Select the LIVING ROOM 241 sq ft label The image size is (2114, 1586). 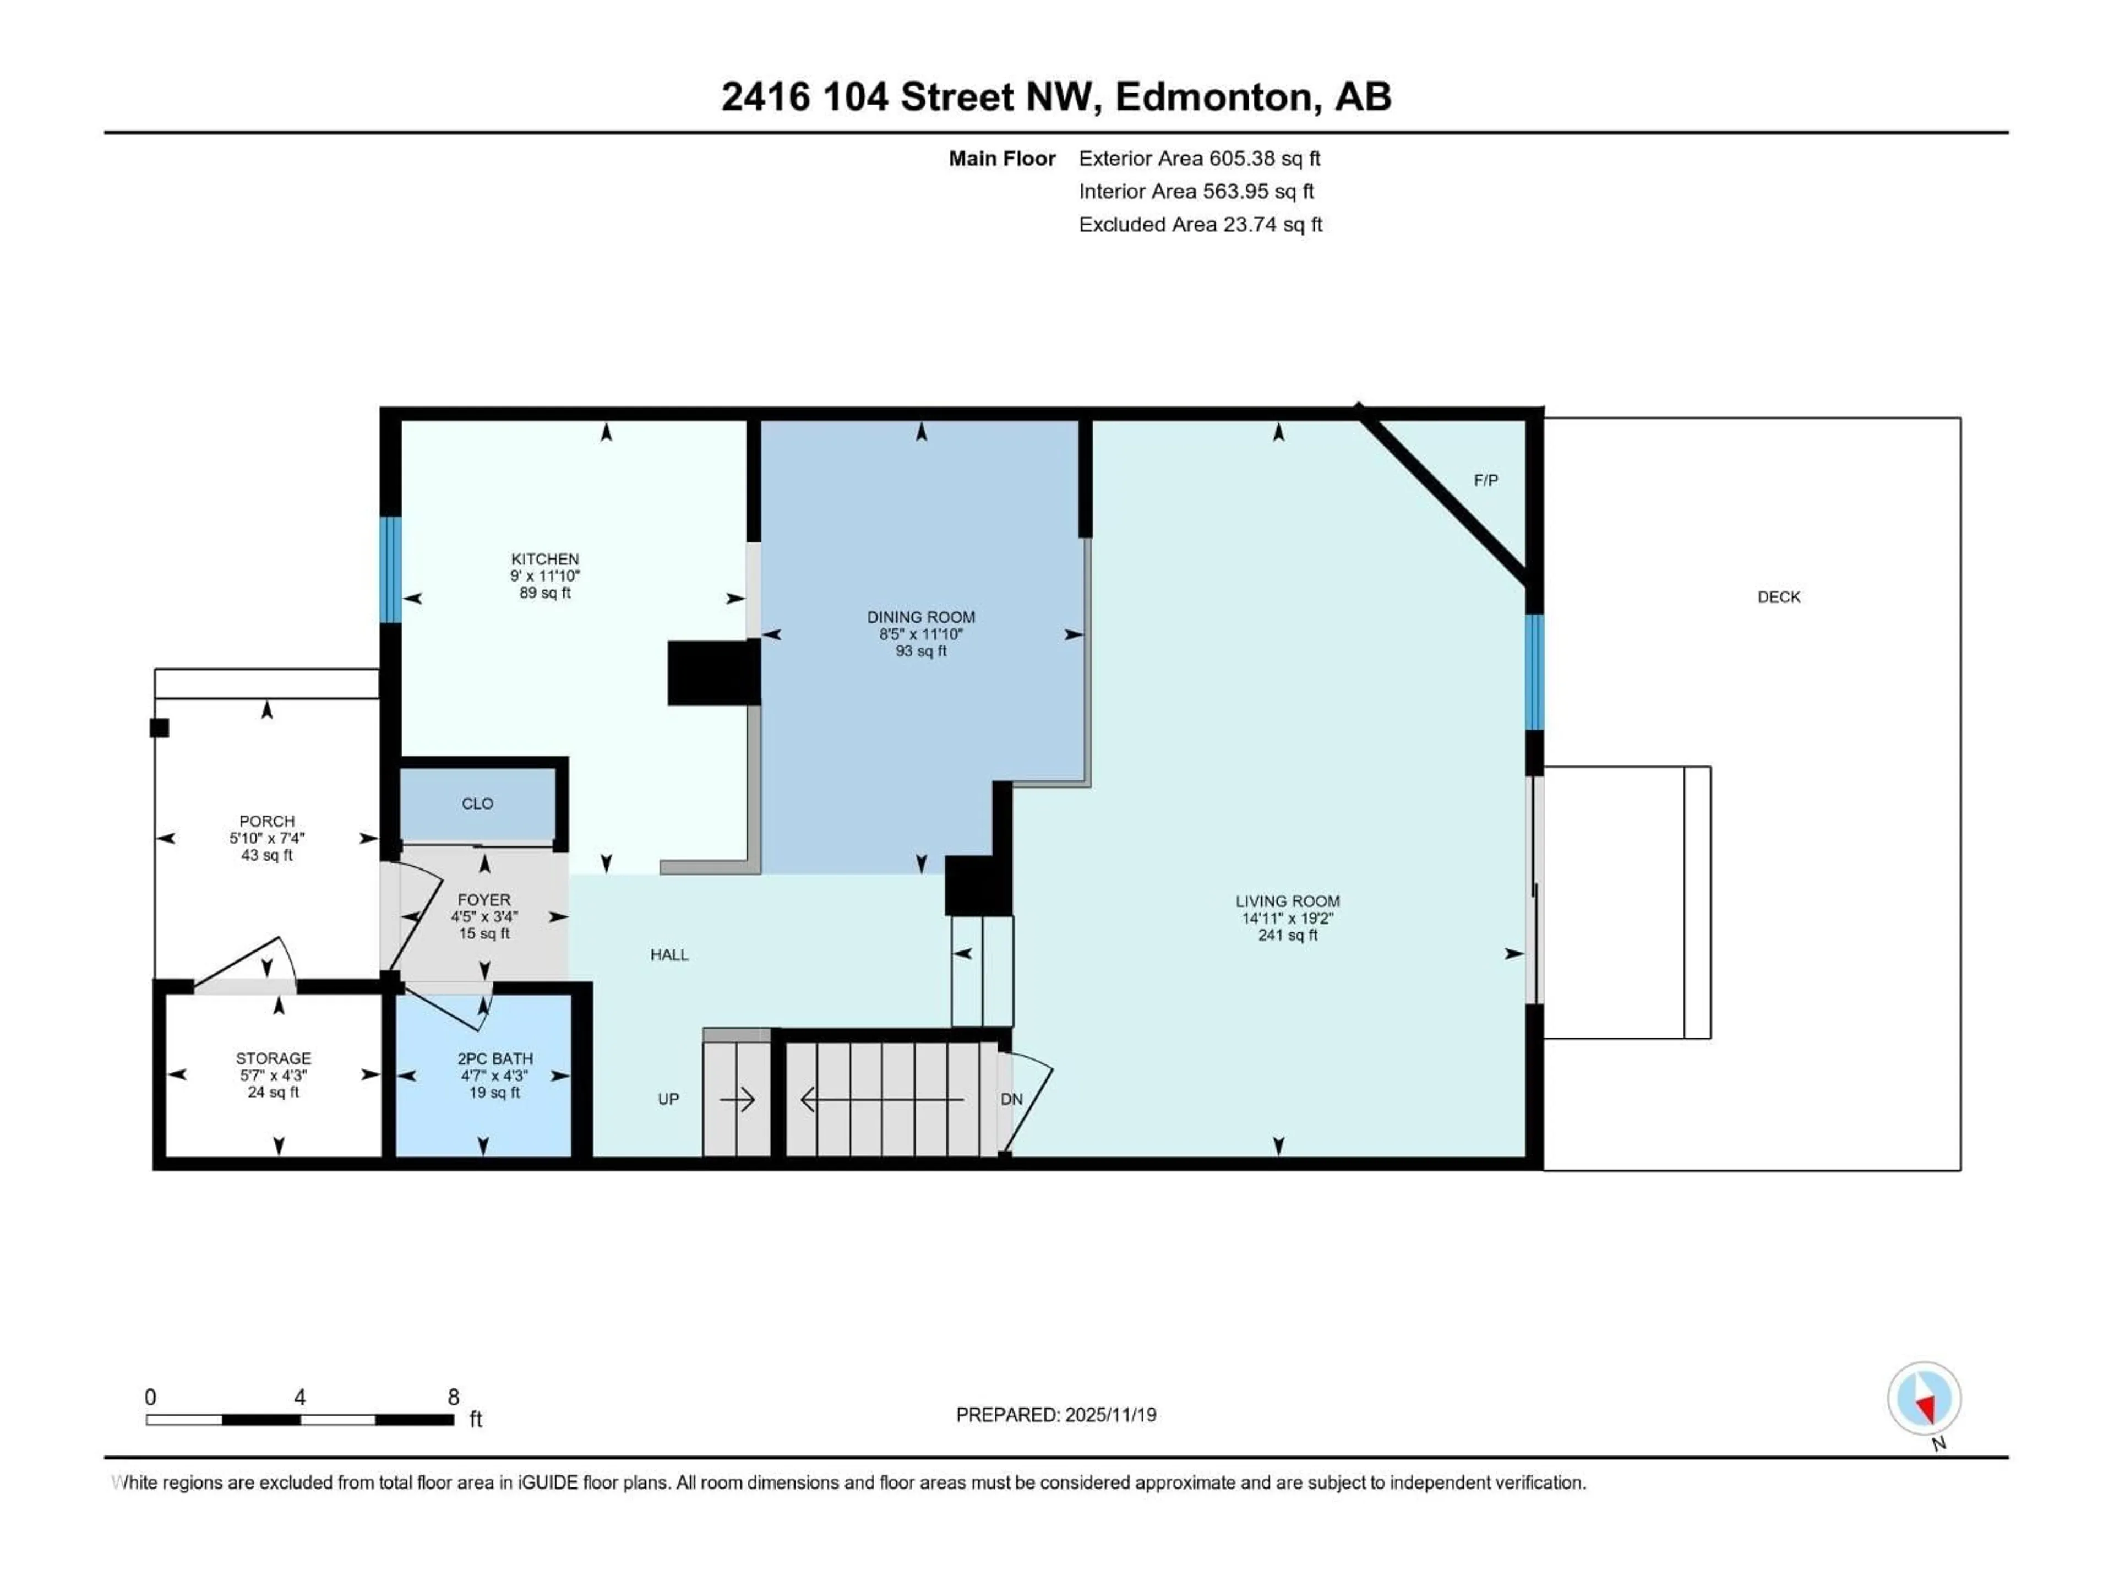point(1287,918)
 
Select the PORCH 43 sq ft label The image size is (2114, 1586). point(266,838)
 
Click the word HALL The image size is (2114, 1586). point(669,955)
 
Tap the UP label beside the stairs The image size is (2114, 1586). point(668,1099)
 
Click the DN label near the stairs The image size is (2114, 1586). point(1011,1099)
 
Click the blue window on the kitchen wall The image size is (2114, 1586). point(390,570)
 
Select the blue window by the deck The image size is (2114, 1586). point(1534,672)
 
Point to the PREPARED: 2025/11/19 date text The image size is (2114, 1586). point(1056,1415)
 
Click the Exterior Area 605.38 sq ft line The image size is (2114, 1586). point(1200,159)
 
